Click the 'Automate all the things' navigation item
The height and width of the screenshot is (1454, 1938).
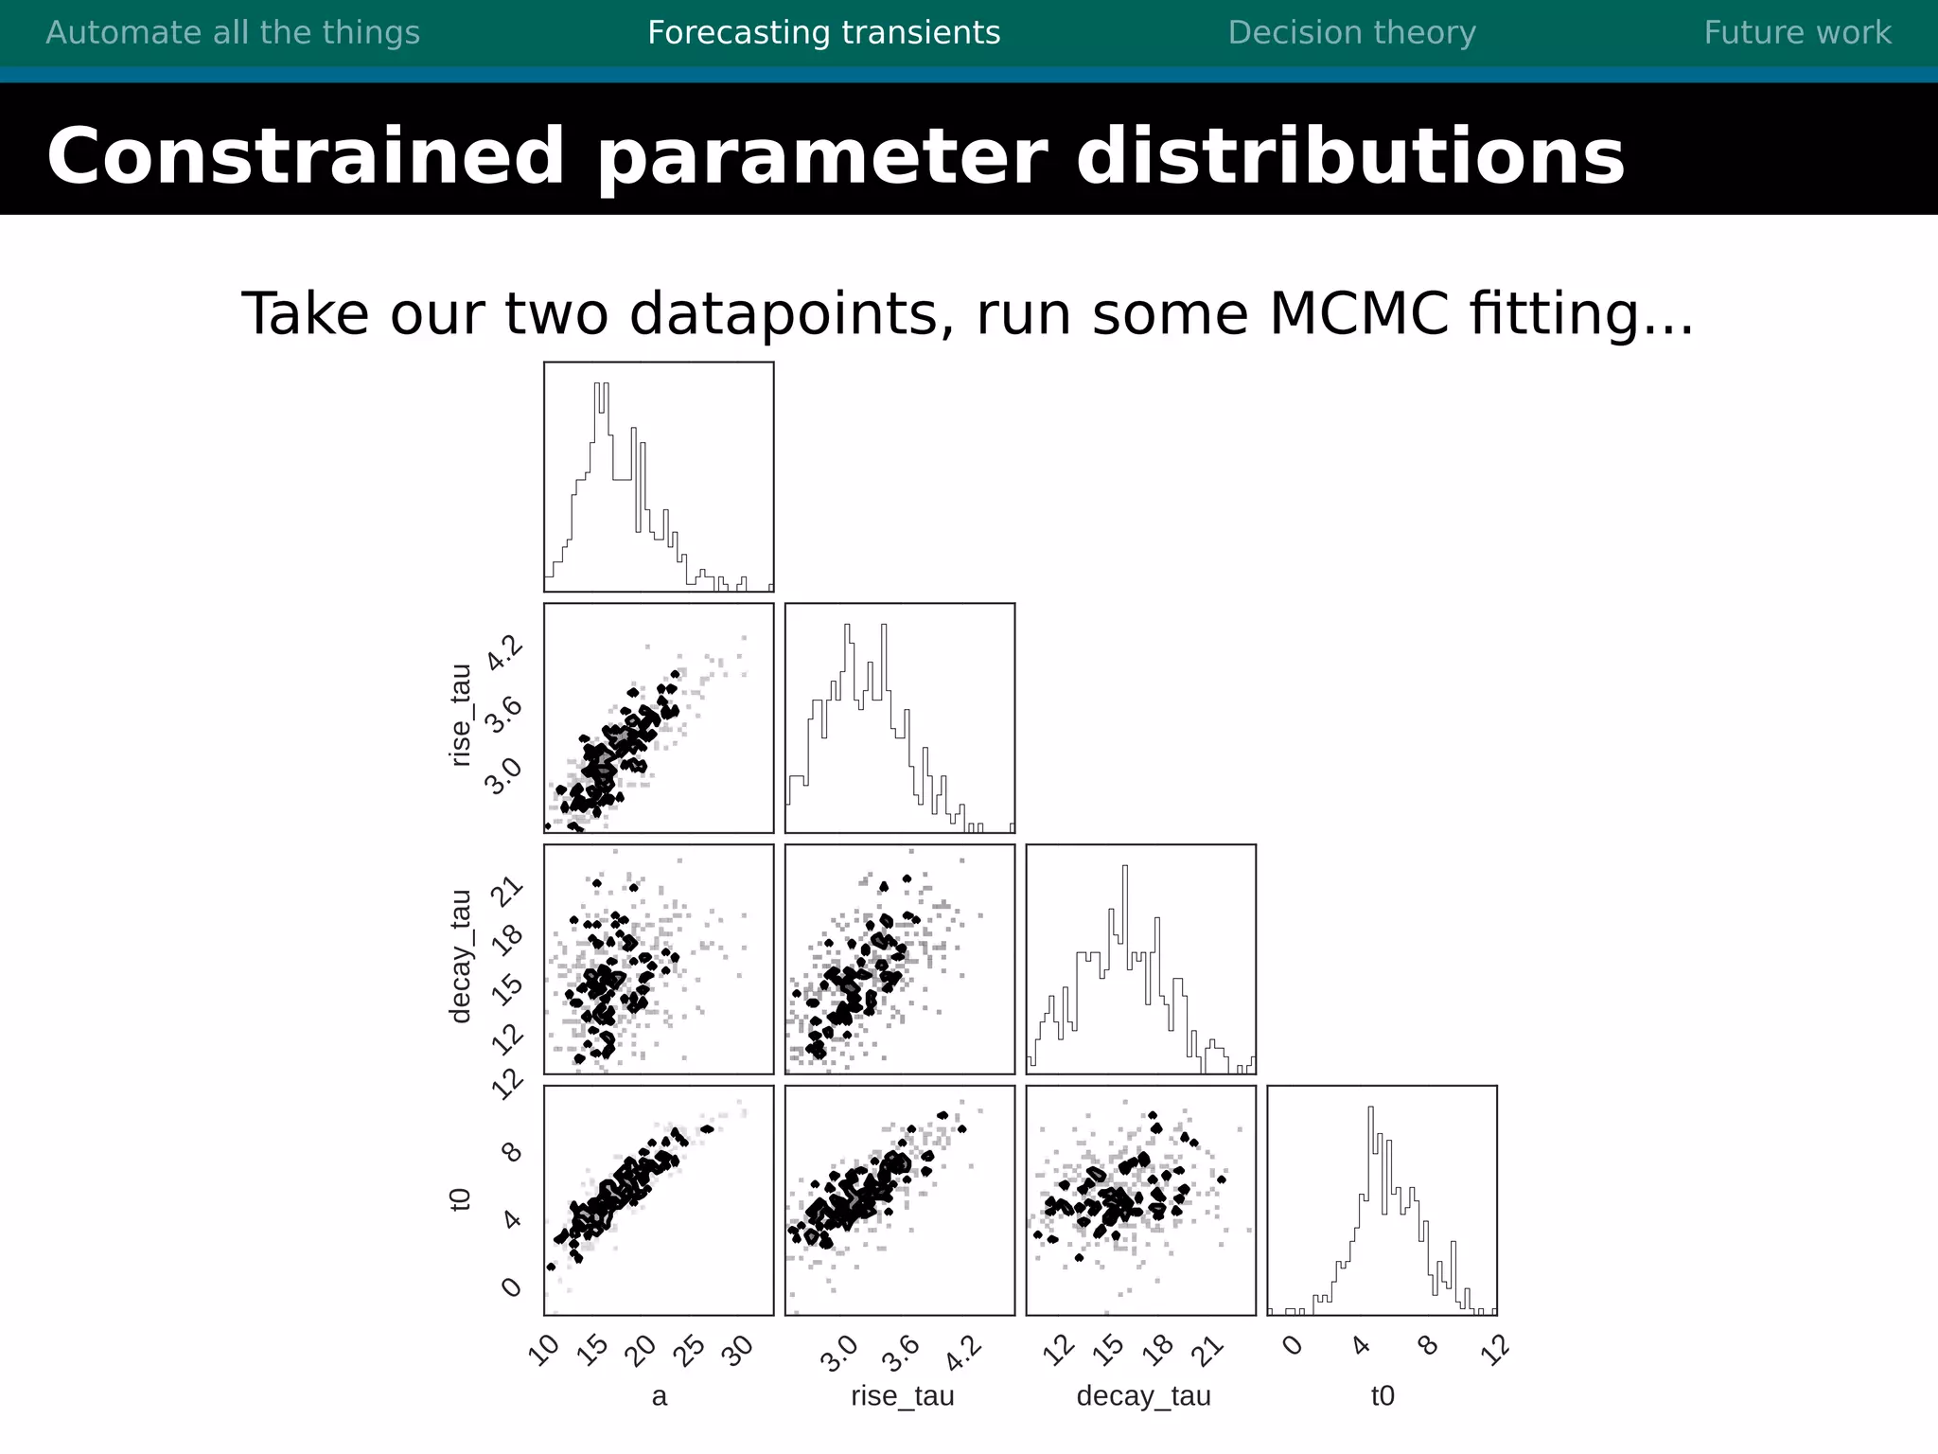[233, 33]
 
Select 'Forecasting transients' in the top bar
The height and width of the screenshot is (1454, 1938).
[823, 33]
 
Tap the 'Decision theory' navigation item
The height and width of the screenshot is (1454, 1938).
[1351, 33]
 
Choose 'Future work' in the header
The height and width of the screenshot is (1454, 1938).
[1797, 33]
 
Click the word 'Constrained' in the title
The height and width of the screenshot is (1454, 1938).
[305, 156]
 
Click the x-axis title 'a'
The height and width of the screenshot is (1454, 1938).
[660, 1396]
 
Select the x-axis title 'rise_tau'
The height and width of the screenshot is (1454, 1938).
[902, 1396]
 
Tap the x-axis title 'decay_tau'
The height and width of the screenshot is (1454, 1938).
[1143, 1396]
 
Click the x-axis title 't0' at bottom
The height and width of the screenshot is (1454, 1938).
[1383, 1396]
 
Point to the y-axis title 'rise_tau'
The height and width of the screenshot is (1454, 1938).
[460, 716]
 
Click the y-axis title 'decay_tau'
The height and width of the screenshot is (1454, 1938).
[460, 957]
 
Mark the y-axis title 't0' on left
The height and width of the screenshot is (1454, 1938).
[460, 1199]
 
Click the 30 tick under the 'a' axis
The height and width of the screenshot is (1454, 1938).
[738, 1350]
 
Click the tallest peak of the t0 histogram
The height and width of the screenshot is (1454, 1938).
[1370, 1109]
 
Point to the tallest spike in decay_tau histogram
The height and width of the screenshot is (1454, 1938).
[1125, 868]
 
